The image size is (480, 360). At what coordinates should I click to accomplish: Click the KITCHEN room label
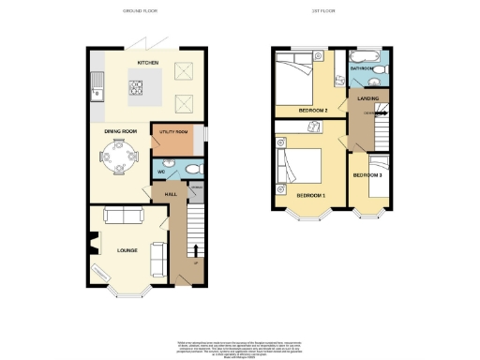(x=147, y=63)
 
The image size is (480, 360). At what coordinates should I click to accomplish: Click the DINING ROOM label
(x=121, y=131)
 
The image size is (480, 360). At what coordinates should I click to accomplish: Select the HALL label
(x=171, y=194)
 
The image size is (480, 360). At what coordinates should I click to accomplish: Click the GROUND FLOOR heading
(x=141, y=10)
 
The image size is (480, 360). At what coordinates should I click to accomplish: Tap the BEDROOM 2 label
(x=312, y=110)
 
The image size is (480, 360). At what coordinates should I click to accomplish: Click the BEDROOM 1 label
(x=311, y=194)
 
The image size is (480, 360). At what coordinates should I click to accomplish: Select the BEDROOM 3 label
(x=367, y=175)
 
